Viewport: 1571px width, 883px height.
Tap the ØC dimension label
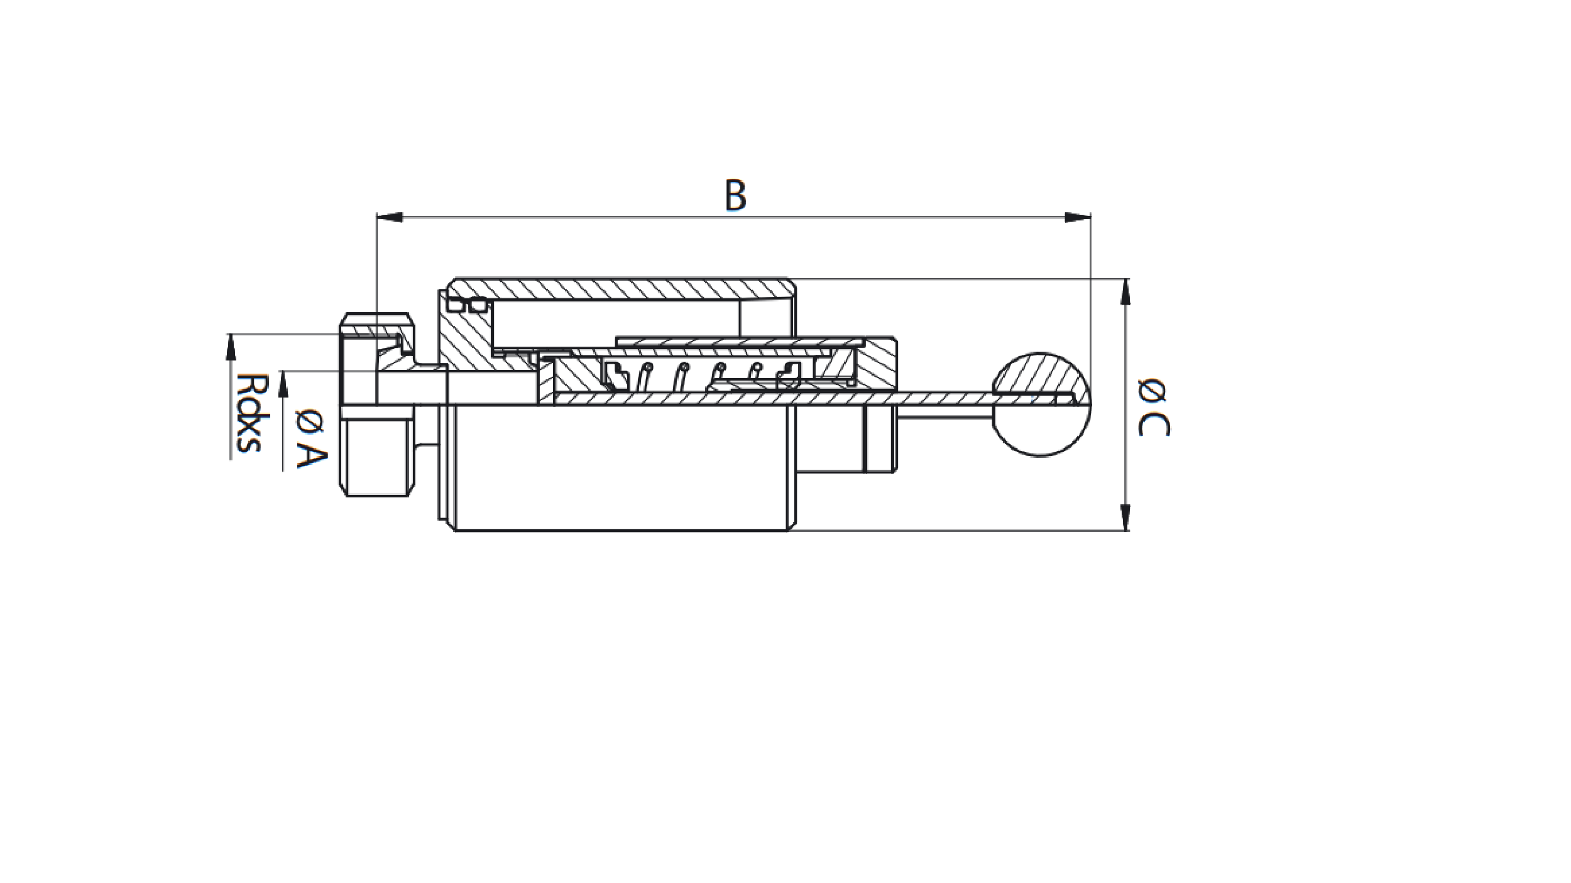(x=1154, y=407)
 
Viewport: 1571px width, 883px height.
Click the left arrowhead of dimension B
(x=390, y=217)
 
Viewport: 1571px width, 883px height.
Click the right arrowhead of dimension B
(x=1077, y=217)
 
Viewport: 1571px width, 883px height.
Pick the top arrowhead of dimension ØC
(x=1125, y=291)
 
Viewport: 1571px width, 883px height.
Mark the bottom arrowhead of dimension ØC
(x=1125, y=517)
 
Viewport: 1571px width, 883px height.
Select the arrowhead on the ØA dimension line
(x=283, y=383)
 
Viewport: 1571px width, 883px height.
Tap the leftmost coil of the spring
(x=644, y=376)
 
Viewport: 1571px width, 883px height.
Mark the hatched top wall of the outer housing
(x=622, y=288)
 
